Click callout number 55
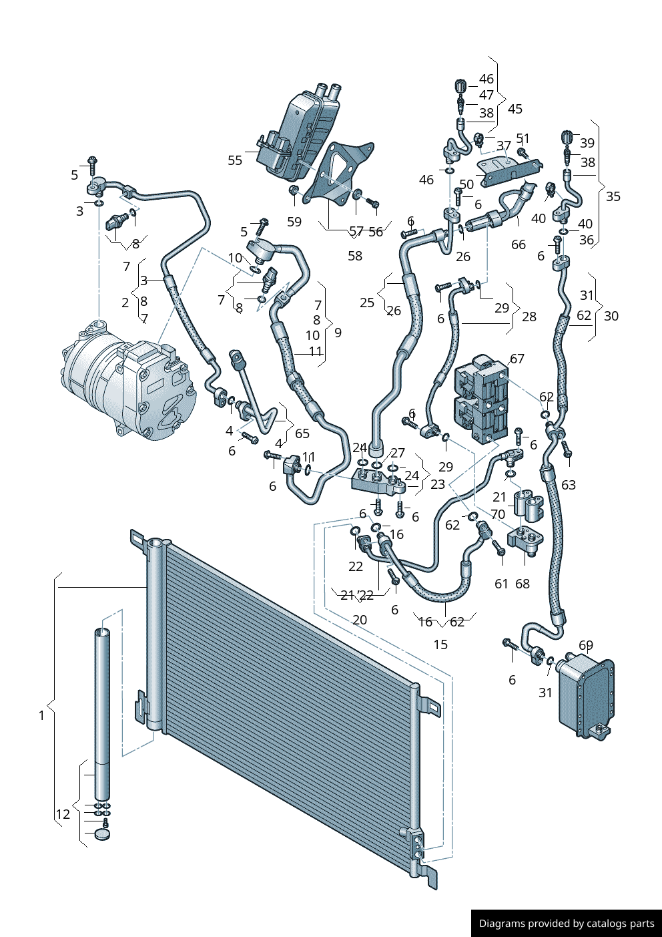tap(235, 160)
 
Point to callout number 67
tap(517, 359)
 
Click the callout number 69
tap(585, 645)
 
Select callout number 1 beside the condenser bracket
tap(41, 715)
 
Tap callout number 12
tap(63, 814)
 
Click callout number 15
tap(440, 644)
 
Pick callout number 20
tap(360, 620)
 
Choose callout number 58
tap(355, 256)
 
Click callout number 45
tap(515, 109)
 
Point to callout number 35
tap(613, 196)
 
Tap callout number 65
tap(302, 433)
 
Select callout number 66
tap(519, 244)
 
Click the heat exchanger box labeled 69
tap(585, 695)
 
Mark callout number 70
tap(498, 514)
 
